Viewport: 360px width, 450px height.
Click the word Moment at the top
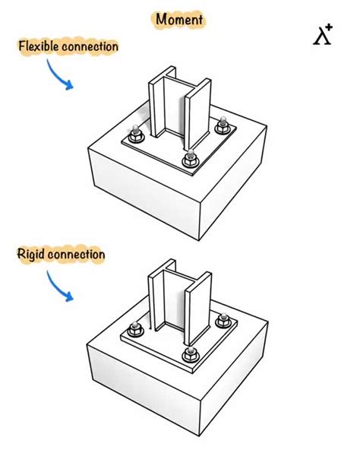179,19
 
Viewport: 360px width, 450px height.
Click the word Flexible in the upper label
38,46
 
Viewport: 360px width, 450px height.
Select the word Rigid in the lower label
30,254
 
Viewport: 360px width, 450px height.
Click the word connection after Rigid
75,254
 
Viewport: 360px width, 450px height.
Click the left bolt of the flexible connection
135,138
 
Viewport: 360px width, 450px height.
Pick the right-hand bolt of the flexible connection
223,126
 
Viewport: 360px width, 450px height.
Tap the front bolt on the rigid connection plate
189,353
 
